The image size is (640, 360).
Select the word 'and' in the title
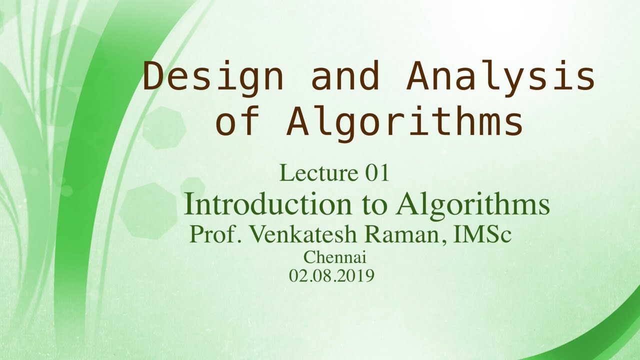point(345,77)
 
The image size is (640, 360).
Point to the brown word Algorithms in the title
point(405,122)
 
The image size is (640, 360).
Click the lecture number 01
point(377,173)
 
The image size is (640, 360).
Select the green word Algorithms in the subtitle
point(472,204)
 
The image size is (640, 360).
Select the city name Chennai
point(335,258)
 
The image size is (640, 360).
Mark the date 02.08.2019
point(331,275)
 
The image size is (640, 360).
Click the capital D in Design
point(154,77)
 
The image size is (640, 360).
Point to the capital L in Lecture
point(284,173)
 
